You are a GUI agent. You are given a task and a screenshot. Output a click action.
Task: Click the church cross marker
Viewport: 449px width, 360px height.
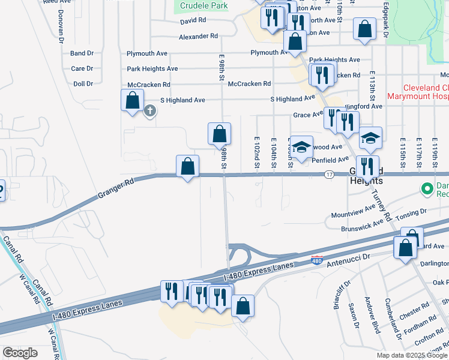[150, 110]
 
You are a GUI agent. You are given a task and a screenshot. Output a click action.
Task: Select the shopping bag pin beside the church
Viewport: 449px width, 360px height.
[133, 100]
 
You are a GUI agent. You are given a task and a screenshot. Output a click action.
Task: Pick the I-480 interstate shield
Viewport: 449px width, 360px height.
[318, 260]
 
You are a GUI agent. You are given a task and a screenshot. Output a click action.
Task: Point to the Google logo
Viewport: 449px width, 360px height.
[20, 353]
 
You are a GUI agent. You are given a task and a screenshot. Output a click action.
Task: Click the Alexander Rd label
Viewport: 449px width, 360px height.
[198, 37]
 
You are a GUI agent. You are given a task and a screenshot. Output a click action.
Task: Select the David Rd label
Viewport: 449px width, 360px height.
[193, 21]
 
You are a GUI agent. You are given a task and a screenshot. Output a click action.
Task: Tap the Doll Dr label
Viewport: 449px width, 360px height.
[82, 84]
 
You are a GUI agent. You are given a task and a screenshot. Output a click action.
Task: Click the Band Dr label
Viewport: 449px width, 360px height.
[82, 53]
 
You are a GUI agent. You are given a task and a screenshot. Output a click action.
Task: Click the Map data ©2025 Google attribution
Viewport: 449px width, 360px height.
[411, 355]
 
